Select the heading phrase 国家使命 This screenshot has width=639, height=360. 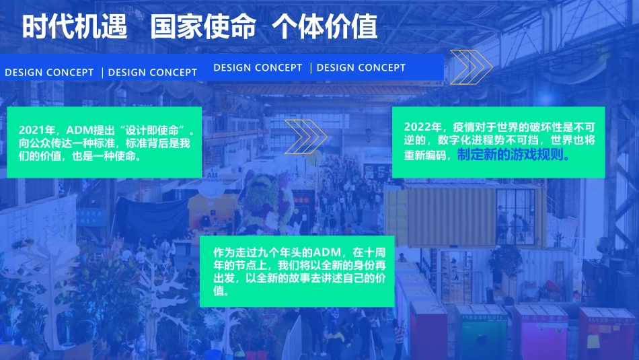pyautogui.click(x=203, y=27)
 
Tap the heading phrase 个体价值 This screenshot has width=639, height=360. pyautogui.click(x=325, y=27)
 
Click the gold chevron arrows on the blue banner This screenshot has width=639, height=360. pyautogui.click(x=471, y=67)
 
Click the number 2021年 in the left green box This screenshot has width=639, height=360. pyautogui.click(x=37, y=130)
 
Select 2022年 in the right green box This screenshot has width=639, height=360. pyautogui.click(x=423, y=127)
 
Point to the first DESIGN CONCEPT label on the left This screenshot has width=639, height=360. pyautogui.click(x=49, y=73)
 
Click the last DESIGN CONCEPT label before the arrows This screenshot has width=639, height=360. pyautogui.click(x=361, y=67)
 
